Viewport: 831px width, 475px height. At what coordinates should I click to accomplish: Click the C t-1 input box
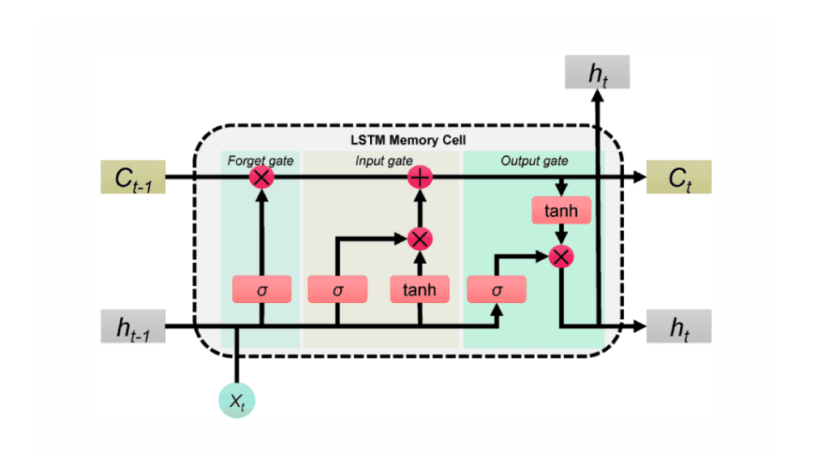click(133, 176)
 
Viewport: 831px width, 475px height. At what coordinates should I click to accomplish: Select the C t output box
click(678, 176)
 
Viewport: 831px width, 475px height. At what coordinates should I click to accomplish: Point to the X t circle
click(236, 399)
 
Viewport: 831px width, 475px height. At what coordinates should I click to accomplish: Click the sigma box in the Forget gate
click(261, 289)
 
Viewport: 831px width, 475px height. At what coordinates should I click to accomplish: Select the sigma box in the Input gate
click(338, 289)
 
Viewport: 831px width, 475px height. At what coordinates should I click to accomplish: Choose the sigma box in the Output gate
click(497, 289)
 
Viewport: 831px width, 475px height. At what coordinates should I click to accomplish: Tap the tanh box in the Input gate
click(420, 289)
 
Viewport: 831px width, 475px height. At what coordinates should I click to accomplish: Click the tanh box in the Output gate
click(560, 211)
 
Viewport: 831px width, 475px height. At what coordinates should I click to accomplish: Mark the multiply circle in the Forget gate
click(261, 176)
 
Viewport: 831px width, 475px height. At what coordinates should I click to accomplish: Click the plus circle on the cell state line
click(420, 176)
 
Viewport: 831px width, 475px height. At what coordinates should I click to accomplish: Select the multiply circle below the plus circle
click(420, 238)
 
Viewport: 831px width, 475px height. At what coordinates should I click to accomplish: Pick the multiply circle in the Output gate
click(560, 257)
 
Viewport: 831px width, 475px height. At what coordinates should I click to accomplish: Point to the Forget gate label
click(261, 160)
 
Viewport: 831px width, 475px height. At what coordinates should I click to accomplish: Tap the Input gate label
click(384, 160)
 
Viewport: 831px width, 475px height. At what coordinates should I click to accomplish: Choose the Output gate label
click(533, 160)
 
